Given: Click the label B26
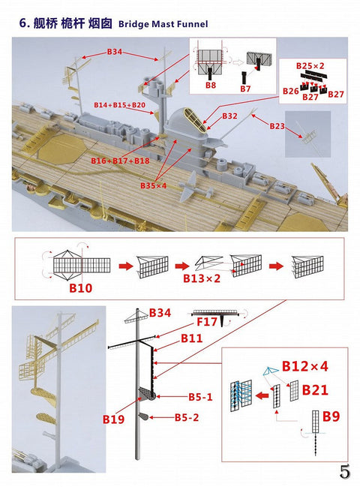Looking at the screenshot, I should (289, 91).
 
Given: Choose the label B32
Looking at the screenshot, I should (229, 116).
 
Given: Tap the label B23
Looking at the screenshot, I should (278, 127).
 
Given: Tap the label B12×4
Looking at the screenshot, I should (306, 366).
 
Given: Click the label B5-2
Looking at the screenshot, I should (187, 417).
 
